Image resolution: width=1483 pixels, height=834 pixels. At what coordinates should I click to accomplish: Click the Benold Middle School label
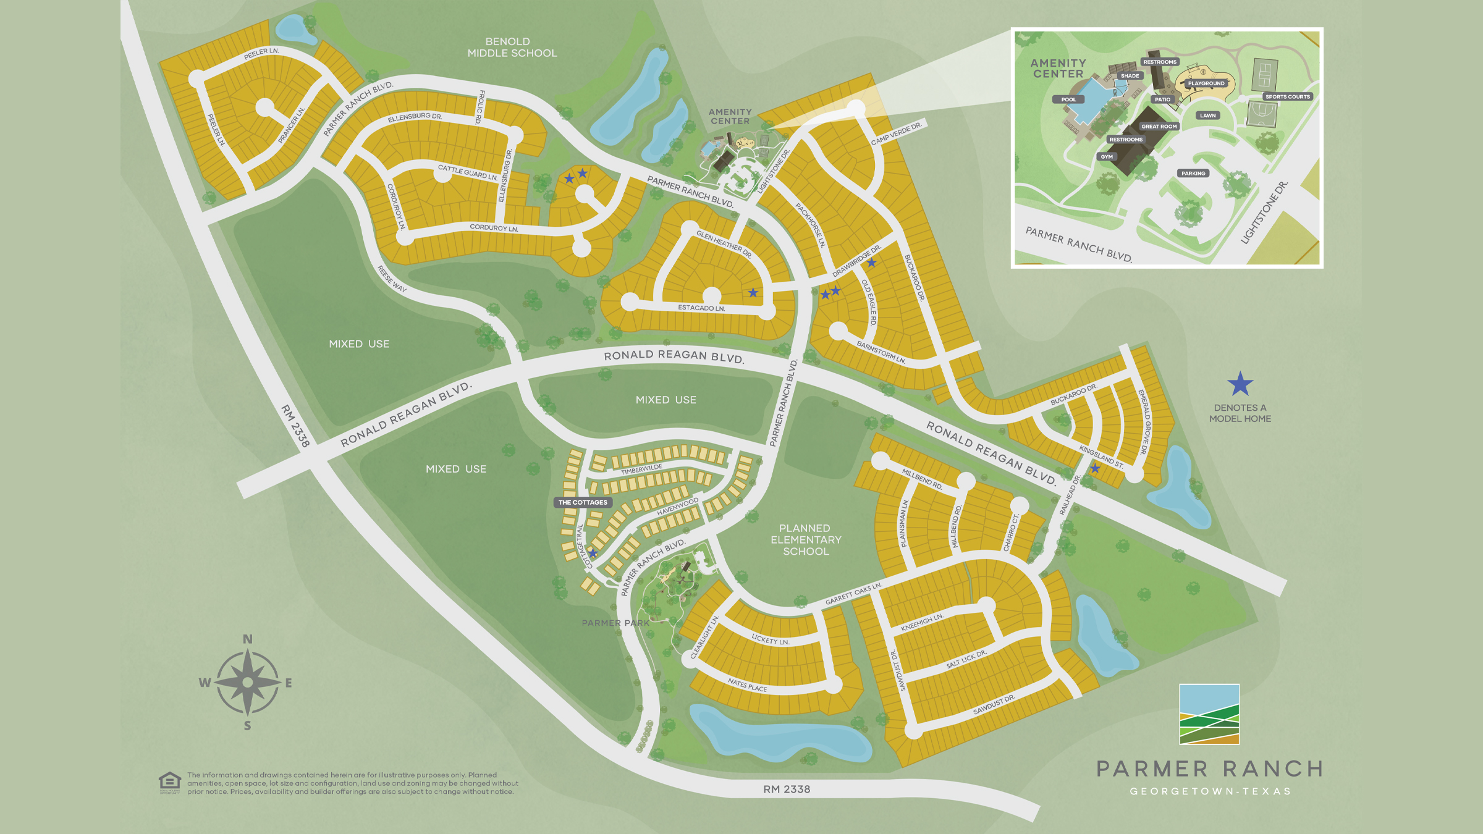pyautogui.click(x=512, y=48)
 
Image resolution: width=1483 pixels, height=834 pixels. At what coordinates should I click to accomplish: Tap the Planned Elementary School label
pyautogui.click(x=805, y=540)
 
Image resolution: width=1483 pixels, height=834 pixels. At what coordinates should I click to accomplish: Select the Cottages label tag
pyautogui.click(x=582, y=502)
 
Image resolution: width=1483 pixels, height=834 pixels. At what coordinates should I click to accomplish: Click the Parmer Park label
pyautogui.click(x=615, y=623)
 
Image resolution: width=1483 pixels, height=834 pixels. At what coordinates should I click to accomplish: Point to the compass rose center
pyautogui.click(x=248, y=682)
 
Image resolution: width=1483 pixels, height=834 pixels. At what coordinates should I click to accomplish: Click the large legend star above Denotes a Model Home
pyautogui.click(x=1240, y=384)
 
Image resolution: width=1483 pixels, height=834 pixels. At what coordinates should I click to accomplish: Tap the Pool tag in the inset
pyautogui.click(x=1068, y=99)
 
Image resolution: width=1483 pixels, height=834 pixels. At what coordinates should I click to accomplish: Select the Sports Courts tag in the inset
pyautogui.click(x=1287, y=96)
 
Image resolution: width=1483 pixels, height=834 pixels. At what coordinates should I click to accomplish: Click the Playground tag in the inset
pyautogui.click(x=1206, y=83)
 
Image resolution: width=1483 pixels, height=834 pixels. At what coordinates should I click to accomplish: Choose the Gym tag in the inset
pyautogui.click(x=1106, y=157)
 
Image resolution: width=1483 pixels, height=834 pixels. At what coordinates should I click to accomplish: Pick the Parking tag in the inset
pyautogui.click(x=1193, y=174)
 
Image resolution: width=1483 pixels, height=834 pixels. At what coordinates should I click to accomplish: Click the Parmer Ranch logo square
pyautogui.click(x=1209, y=714)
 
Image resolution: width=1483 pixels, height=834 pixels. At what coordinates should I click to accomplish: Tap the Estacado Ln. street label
pyautogui.click(x=701, y=308)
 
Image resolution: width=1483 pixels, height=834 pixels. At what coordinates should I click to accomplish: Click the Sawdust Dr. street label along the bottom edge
pyautogui.click(x=994, y=705)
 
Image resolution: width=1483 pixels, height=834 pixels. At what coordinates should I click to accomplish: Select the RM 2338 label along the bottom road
pyautogui.click(x=786, y=789)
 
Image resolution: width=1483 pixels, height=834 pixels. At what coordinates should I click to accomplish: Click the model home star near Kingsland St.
pyautogui.click(x=1095, y=469)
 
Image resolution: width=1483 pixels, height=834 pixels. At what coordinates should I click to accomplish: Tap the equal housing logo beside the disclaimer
pyautogui.click(x=169, y=782)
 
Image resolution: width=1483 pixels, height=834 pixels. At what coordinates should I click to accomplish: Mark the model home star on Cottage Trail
pyautogui.click(x=593, y=553)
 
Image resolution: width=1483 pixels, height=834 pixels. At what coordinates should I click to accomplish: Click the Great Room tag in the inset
pyautogui.click(x=1159, y=127)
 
